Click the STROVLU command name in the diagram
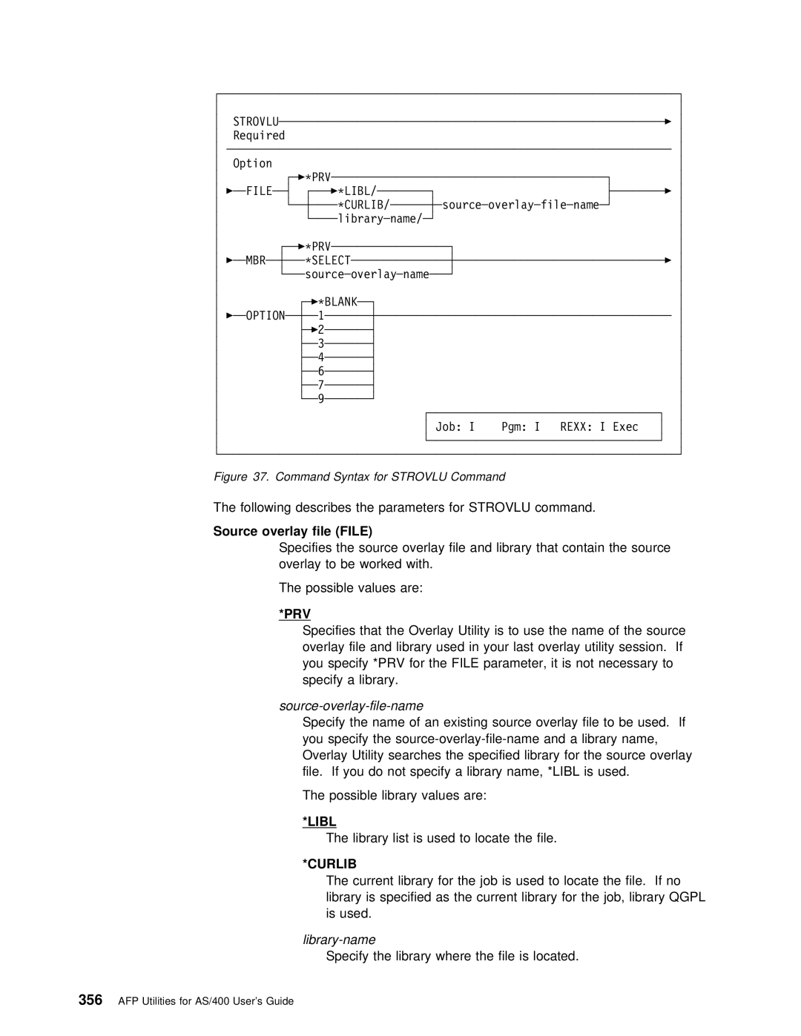coord(256,122)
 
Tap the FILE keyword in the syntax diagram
coord(259,191)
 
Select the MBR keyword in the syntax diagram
coord(257,260)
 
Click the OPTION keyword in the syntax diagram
coord(266,316)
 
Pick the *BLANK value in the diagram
coord(337,302)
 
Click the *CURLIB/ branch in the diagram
coord(364,205)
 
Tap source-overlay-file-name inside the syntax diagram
coord(520,205)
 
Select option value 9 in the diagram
coord(321,399)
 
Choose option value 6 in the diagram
coord(321,371)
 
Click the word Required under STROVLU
coord(259,136)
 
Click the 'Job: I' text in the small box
coord(455,427)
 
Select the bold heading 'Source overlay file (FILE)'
coord(292,531)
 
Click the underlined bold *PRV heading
coord(294,614)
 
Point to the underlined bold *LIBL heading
coord(319,822)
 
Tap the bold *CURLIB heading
coord(329,864)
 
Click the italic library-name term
coord(339,940)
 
